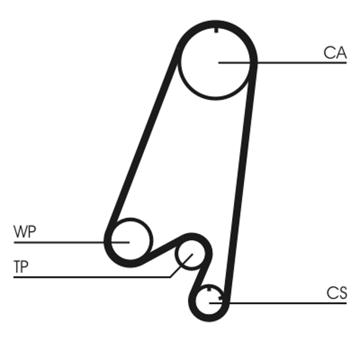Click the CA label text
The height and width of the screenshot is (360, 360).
[335, 53]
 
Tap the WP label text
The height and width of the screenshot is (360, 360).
[25, 233]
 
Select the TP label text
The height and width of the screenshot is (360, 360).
[21, 267]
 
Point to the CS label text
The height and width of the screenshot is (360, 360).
[337, 293]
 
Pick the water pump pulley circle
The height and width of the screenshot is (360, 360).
[129, 242]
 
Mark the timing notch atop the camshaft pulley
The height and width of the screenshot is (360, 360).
[216, 30]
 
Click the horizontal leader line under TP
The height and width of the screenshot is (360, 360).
[90, 277]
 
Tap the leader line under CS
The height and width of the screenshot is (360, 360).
[288, 303]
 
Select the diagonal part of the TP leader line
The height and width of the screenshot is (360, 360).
[180, 266]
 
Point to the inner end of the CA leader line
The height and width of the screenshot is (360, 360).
[219, 63]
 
